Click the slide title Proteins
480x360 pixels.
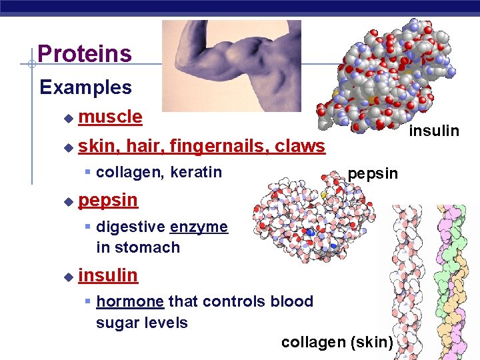(85, 54)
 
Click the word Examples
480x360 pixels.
(85, 87)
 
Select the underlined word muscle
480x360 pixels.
(110, 117)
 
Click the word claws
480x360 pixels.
(300, 146)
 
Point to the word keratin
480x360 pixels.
(196, 173)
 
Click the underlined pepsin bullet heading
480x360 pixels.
(108, 199)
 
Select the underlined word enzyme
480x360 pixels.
(199, 227)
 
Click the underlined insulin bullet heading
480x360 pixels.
(108, 275)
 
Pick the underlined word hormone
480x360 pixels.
(130, 301)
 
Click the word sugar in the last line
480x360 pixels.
(117, 323)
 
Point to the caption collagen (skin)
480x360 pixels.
(337, 342)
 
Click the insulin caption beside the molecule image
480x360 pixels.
(434, 131)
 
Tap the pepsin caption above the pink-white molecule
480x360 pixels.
(373, 174)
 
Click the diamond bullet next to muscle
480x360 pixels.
(67, 118)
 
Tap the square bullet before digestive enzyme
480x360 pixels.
(88, 227)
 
